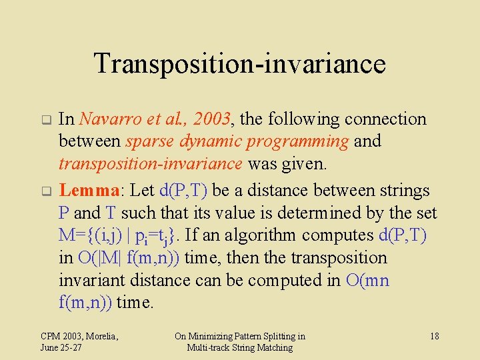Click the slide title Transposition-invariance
tap(239, 64)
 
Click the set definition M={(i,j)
tap(95, 235)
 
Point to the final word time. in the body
tap(135, 303)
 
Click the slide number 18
tap(434, 336)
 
